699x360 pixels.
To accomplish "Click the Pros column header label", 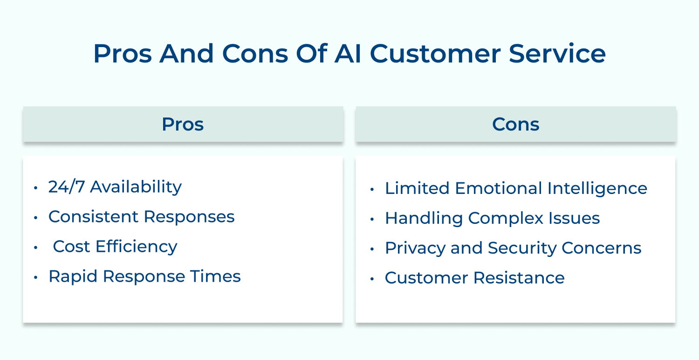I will pyautogui.click(x=183, y=124).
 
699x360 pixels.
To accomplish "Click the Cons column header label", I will pyautogui.click(x=515, y=124).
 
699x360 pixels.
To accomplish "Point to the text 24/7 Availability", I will pyautogui.click(x=115, y=187).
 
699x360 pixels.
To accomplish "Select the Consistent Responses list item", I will pyautogui.click(x=141, y=216).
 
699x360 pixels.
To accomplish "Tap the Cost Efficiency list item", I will pyautogui.click(x=115, y=246).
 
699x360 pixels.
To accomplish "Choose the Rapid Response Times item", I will pyautogui.click(x=144, y=276).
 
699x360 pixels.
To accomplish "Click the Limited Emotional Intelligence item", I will pyautogui.click(x=516, y=188).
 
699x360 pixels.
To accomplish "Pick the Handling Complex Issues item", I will pyautogui.click(x=492, y=218).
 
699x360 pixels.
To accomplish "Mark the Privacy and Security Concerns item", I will pyautogui.click(x=513, y=248).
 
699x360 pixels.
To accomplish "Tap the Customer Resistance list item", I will pyautogui.click(x=474, y=278).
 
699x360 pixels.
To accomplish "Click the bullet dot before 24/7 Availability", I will pyautogui.click(x=36, y=188).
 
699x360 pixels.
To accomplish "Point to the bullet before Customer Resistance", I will pyautogui.click(x=372, y=279).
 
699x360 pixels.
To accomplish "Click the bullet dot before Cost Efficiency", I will pyautogui.click(x=36, y=248).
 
